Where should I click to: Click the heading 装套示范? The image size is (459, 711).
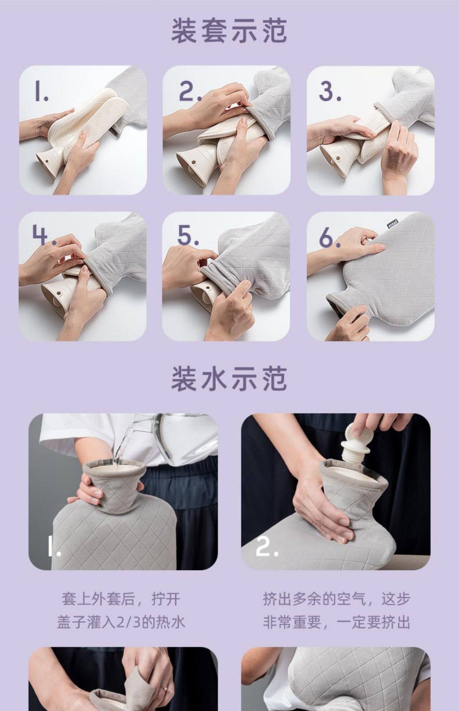[229, 31]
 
